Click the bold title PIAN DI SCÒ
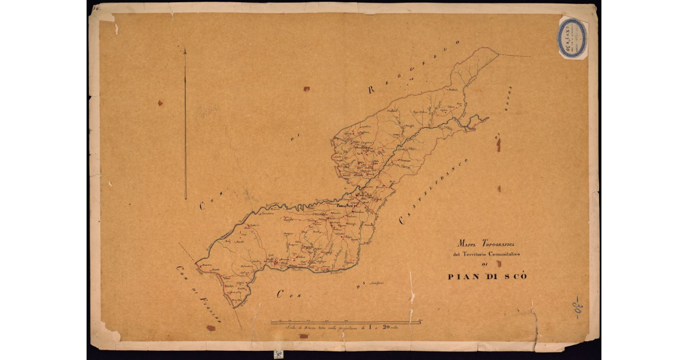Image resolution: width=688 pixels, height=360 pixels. coord(487,277)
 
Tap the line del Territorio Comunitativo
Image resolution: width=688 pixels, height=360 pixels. coord(486,253)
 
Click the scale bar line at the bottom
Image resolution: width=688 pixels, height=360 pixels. coord(346,322)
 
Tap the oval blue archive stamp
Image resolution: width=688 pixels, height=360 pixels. coord(573,38)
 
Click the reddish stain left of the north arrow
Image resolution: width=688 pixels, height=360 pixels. coord(160,103)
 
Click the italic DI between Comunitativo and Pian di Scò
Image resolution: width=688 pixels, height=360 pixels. coord(486,264)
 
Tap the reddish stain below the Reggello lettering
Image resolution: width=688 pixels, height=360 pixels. coord(307,89)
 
